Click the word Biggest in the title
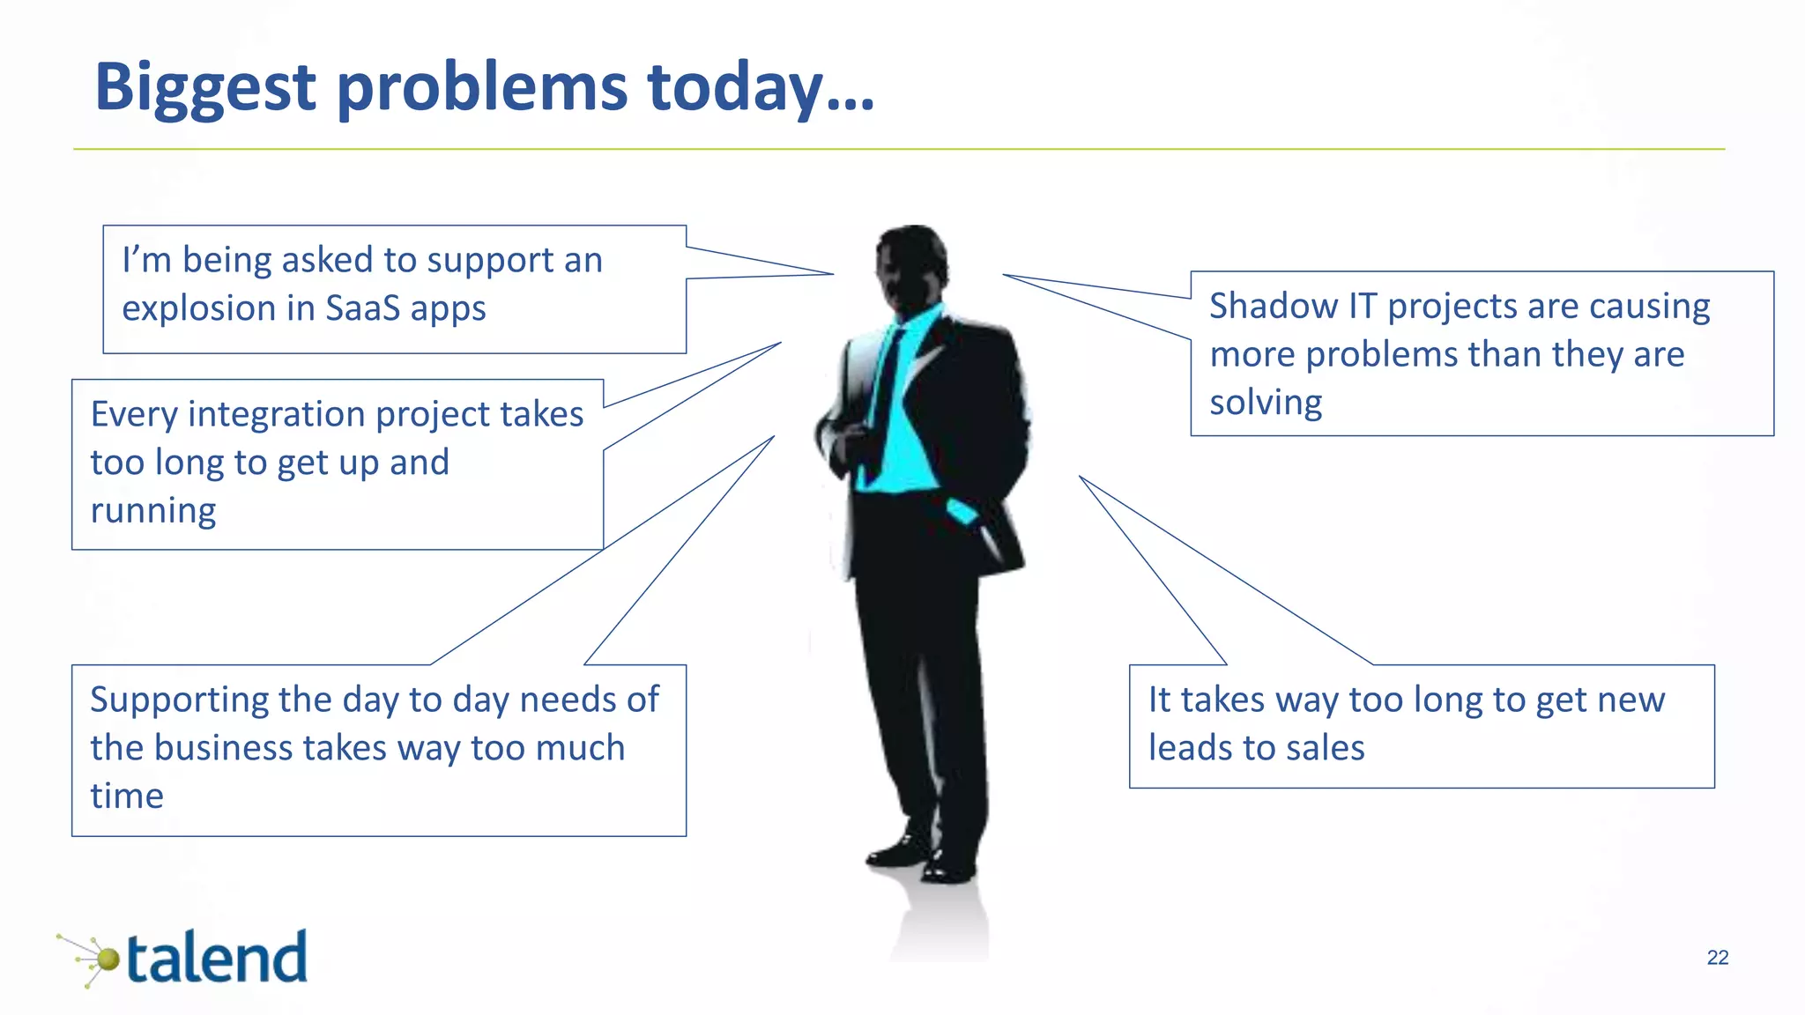[204, 88]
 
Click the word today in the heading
[734, 88]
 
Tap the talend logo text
[217, 959]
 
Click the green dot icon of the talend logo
[108, 959]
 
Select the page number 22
[1717, 958]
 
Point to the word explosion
[198, 308]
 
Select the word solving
[1265, 403]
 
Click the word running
[153, 511]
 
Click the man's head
[914, 264]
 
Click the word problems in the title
[481, 88]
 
